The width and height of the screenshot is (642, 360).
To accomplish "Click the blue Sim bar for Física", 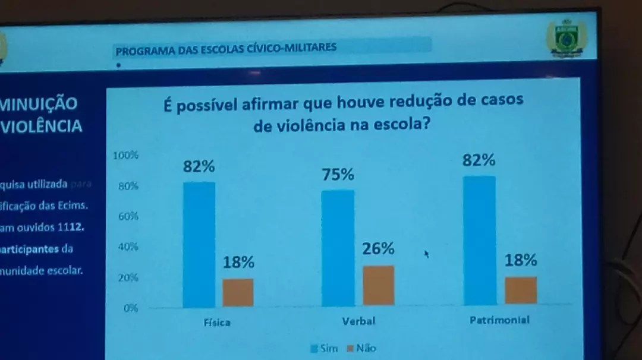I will (199, 244).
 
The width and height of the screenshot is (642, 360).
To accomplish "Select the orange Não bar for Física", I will (238, 292).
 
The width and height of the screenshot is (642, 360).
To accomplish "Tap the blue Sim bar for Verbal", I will (338, 248).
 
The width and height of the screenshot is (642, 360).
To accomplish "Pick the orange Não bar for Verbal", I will (378, 285).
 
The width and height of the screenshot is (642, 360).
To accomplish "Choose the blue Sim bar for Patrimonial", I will (479, 240).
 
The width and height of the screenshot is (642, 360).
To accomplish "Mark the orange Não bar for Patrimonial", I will (521, 290).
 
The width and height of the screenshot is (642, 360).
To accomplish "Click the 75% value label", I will (338, 175).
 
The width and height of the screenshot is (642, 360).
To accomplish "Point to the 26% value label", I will (378, 249).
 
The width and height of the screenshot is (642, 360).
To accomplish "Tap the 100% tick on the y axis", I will (126, 156).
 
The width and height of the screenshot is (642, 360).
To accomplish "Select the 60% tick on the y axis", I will (128, 217).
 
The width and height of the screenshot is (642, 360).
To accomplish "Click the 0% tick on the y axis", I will (130, 308).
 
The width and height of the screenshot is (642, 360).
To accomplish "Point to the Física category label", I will (217, 323).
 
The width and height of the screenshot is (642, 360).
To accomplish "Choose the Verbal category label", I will (358, 321).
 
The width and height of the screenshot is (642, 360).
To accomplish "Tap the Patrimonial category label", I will (499, 320).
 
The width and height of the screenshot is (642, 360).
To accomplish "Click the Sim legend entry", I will (325, 349).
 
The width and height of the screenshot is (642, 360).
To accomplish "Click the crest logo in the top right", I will (566, 39).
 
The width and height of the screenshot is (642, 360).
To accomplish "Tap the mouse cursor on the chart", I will (426, 254).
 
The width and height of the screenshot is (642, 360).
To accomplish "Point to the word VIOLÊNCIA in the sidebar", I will (42, 127).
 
